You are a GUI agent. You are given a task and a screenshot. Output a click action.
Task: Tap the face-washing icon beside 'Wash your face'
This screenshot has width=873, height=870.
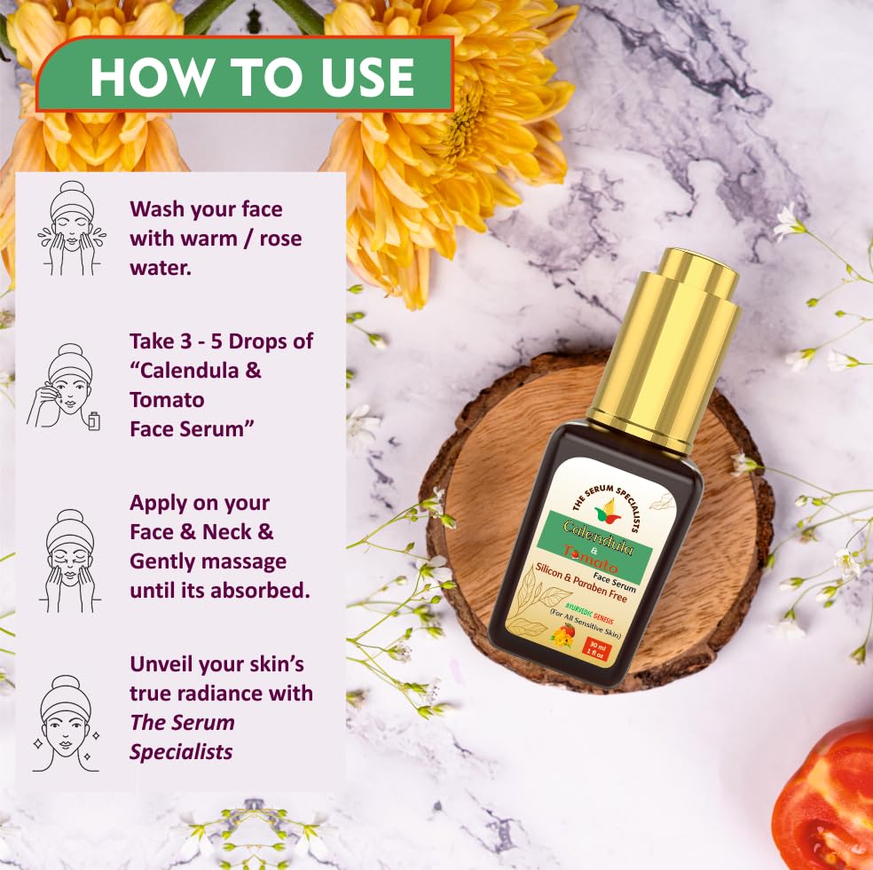[71, 228]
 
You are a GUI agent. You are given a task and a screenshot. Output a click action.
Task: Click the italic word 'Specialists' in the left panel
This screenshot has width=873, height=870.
[181, 751]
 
